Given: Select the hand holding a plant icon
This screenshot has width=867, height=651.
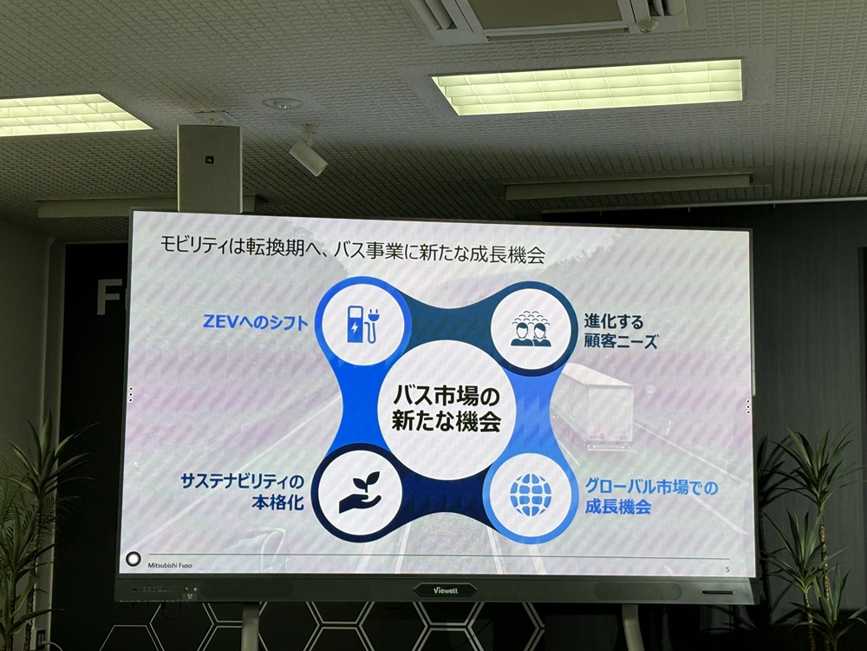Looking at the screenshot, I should [359, 493].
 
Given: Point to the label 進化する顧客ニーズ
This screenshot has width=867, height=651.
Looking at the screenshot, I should [618, 332].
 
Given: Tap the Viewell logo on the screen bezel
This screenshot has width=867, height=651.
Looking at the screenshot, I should [444, 590].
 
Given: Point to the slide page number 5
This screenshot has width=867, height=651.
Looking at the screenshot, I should [727, 569].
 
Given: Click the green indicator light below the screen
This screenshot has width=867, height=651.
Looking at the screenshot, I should [196, 590].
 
